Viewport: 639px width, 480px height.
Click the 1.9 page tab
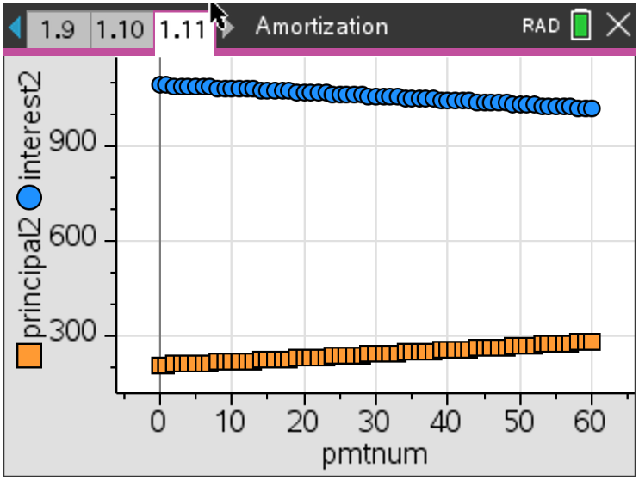[x=58, y=29]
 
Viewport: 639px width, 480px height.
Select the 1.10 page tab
[x=120, y=29]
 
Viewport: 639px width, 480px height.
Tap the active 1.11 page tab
[x=183, y=30]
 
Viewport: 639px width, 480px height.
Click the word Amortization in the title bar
[x=321, y=27]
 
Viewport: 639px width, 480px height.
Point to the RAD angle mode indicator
[x=541, y=27]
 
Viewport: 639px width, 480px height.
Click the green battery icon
[x=581, y=26]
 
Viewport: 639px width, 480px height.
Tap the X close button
[x=618, y=26]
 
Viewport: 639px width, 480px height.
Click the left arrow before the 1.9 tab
[x=14, y=28]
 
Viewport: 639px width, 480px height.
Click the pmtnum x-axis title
[x=375, y=453]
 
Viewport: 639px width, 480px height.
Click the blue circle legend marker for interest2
[x=30, y=198]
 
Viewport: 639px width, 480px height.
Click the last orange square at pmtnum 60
[x=591, y=342]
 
